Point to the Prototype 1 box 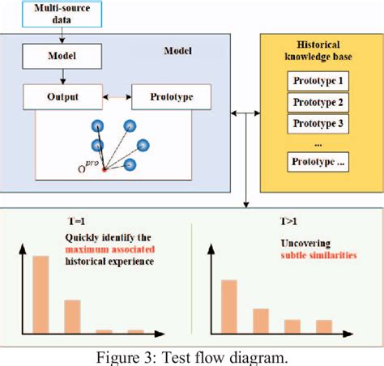click(x=319, y=81)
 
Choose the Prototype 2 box click(x=319, y=103)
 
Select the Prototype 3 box click(x=319, y=124)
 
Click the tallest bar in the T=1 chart click(x=41, y=295)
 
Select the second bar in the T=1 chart click(x=72, y=317)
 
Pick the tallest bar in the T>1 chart click(x=229, y=307)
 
